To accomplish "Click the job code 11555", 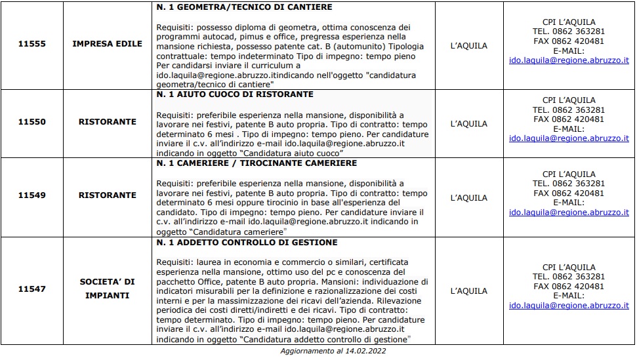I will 31,45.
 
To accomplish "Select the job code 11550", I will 31,122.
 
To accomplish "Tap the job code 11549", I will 31,195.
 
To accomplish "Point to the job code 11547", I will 31,289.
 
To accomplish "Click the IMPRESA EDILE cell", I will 108,45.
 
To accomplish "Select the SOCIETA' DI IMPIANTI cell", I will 108,289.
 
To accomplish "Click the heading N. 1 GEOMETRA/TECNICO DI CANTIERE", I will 244,7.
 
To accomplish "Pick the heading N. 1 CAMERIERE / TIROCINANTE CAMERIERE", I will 257,163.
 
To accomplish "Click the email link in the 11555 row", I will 569,60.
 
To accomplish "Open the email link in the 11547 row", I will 569,306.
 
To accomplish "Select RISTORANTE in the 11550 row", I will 108,122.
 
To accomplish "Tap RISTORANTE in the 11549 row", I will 108,195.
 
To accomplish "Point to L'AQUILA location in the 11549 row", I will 470,198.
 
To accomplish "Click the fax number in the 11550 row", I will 569,119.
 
